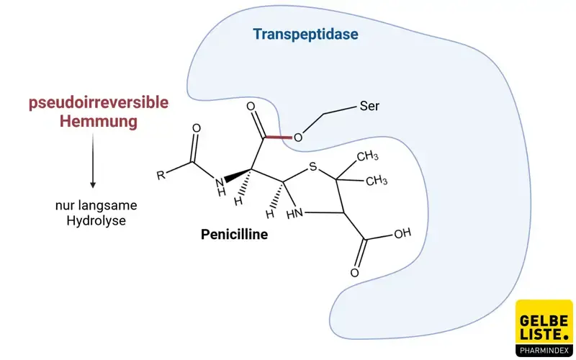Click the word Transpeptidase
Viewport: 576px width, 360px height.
click(305, 35)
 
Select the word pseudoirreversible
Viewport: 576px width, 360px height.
click(99, 103)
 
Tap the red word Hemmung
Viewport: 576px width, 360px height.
click(99, 122)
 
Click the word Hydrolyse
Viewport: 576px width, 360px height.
click(96, 221)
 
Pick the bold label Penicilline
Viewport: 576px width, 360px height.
click(234, 234)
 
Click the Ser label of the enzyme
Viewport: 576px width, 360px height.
click(369, 107)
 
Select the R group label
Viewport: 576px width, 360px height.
click(161, 175)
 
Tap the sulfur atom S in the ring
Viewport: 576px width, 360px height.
click(312, 169)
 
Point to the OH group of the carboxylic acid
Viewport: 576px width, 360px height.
click(402, 233)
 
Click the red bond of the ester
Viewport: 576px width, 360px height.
click(277, 137)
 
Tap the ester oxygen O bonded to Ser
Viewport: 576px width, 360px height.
click(298, 138)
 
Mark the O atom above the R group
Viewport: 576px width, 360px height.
click(197, 130)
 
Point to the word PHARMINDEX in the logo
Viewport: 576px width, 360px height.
click(544, 351)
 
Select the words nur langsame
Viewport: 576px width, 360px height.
click(96, 206)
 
